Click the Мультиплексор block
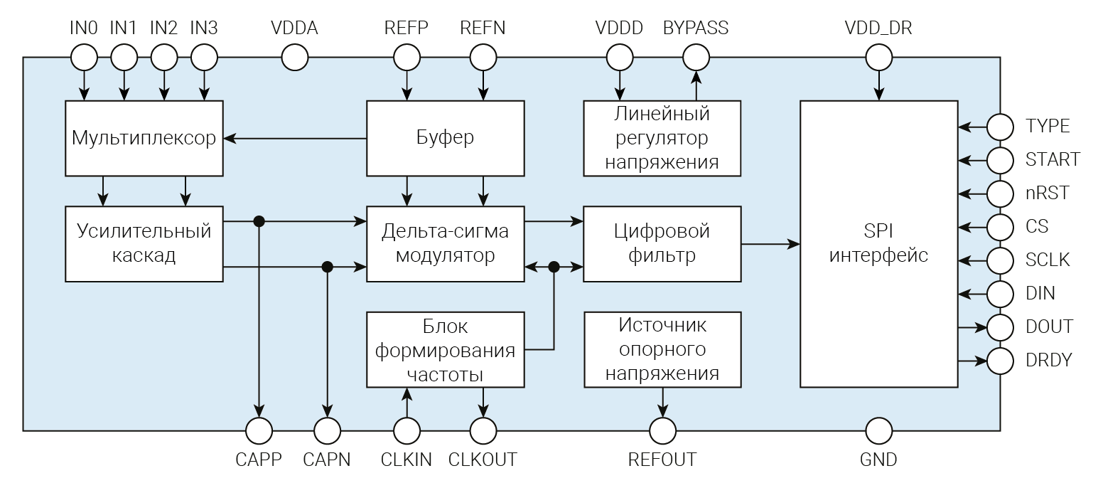[x=144, y=138]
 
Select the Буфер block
[x=445, y=138]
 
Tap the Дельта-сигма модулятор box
[x=445, y=243]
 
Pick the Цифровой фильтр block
[x=662, y=243]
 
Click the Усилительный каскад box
[x=144, y=243]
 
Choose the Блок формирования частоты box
[x=445, y=349]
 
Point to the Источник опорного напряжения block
[x=662, y=349]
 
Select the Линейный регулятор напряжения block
[x=662, y=138]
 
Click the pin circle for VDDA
[x=295, y=57]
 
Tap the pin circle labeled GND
[x=879, y=430]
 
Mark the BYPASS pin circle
[x=696, y=57]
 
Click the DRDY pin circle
[x=1001, y=361]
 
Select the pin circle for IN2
[x=164, y=57]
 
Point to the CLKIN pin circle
[x=407, y=430]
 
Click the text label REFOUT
[x=662, y=460]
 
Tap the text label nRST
[x=1047, y=193]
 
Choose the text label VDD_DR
[x=878, y=28]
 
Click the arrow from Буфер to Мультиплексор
[x=295, y=138]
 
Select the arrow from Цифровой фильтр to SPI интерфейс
[x=770, y=244]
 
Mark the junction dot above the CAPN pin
[x=327, y=267]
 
